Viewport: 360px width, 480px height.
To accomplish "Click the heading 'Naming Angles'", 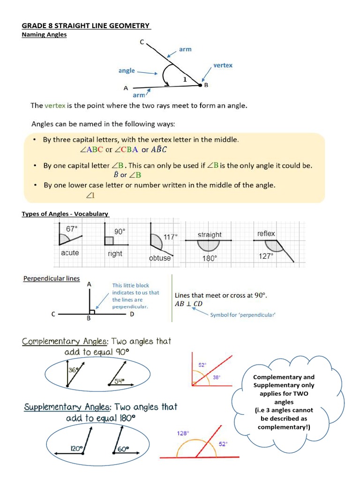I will pyautogui.click(x=44, y=34).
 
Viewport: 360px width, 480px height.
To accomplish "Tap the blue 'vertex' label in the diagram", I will pyautogui.click(x=223, y=65).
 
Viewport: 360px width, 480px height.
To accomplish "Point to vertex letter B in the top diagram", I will pyautogui.click(x=206, y=85).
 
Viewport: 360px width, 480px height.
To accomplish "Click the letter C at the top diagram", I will pyautogui.click(x=142, y=42).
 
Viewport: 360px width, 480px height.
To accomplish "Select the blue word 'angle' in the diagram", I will pyautogui.click(x=127, y=71).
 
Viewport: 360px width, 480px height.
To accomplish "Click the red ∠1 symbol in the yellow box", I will pyautogui.click(x=90, y=196).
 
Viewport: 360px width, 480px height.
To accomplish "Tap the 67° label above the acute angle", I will pyautogui.click(x=72, y=229).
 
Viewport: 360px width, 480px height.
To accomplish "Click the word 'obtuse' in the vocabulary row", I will pyautogui.click(x=160, y=258).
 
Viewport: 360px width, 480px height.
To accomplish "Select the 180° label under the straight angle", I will pyautogui.click(x=210, y=258).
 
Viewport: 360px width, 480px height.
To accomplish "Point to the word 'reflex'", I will pyautogui.click(x=266, y=233).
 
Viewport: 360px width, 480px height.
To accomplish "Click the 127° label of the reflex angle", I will pyautogui.click(x=266, y=256).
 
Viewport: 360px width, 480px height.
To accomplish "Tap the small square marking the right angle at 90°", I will pyautogui.click(x=109, y=241).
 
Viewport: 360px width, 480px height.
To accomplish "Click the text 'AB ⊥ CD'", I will pyautogui.click(x=188, y=304).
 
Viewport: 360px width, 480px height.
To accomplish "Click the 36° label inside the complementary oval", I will pyautogui.click(x=74, y=369).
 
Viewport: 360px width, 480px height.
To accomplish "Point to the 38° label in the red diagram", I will pyautogui.click(x=217, y=376).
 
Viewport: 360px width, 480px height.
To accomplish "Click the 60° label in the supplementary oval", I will pyautogui.click(x=123, y=449).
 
